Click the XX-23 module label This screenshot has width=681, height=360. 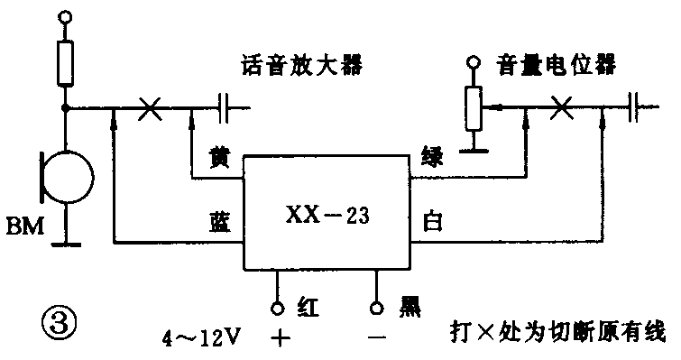pyautogui.click(x=327, y=217)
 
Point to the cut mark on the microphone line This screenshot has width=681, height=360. pyautogui.click(x=150, y=109)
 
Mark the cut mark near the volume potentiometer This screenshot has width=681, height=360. pyautogui.click(x=562, y=107)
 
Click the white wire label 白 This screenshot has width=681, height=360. pyautogui.click(x=431, y=220)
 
